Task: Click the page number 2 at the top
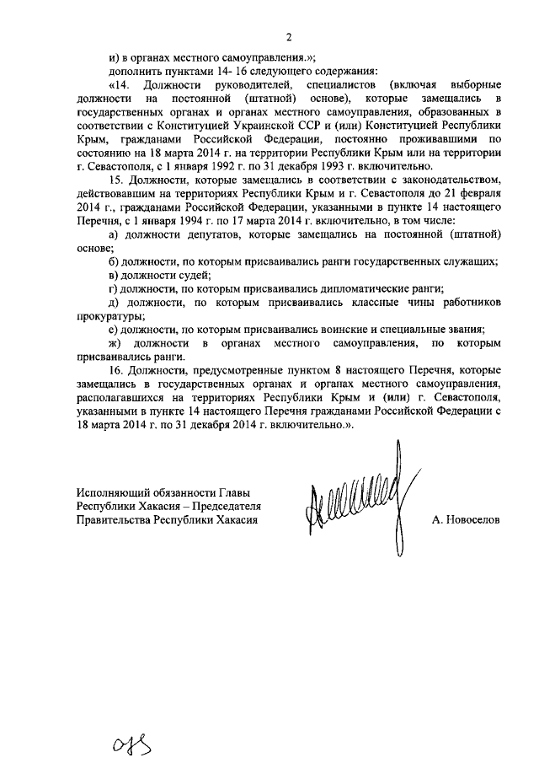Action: (288, 36)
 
